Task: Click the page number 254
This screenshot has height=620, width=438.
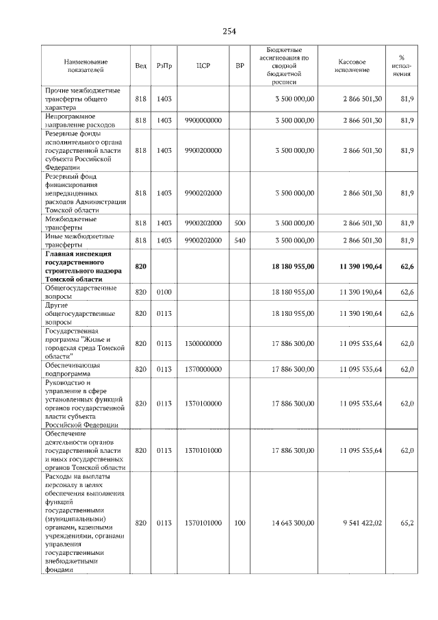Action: click(x=229, y=32)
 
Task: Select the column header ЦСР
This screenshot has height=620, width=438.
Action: click(x=203, y=65)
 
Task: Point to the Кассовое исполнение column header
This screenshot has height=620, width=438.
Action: click(x=352, y=65)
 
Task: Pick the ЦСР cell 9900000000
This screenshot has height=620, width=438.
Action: click(x=203, y=121)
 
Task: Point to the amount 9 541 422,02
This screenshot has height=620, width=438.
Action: click(x=362, y=523)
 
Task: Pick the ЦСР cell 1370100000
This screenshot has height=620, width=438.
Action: click(x=203, y=404)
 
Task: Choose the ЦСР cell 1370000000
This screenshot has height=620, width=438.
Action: click(x=203, y=369)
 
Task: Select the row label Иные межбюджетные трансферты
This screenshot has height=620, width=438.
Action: click(x=79, y=240)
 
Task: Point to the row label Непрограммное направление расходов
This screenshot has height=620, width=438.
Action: click(x=79, y=121)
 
